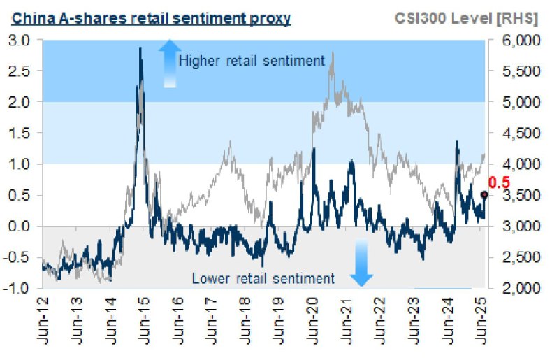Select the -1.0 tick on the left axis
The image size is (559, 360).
pos(20,288)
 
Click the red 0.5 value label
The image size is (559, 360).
pos(497,182)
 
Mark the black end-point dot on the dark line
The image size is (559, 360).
pos(484,195)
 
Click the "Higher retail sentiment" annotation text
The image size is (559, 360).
pos(252,62)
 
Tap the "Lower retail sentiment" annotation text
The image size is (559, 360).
pos(263,278)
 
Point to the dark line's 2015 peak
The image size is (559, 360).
pos(140,48)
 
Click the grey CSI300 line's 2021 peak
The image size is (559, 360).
pos(332,52)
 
